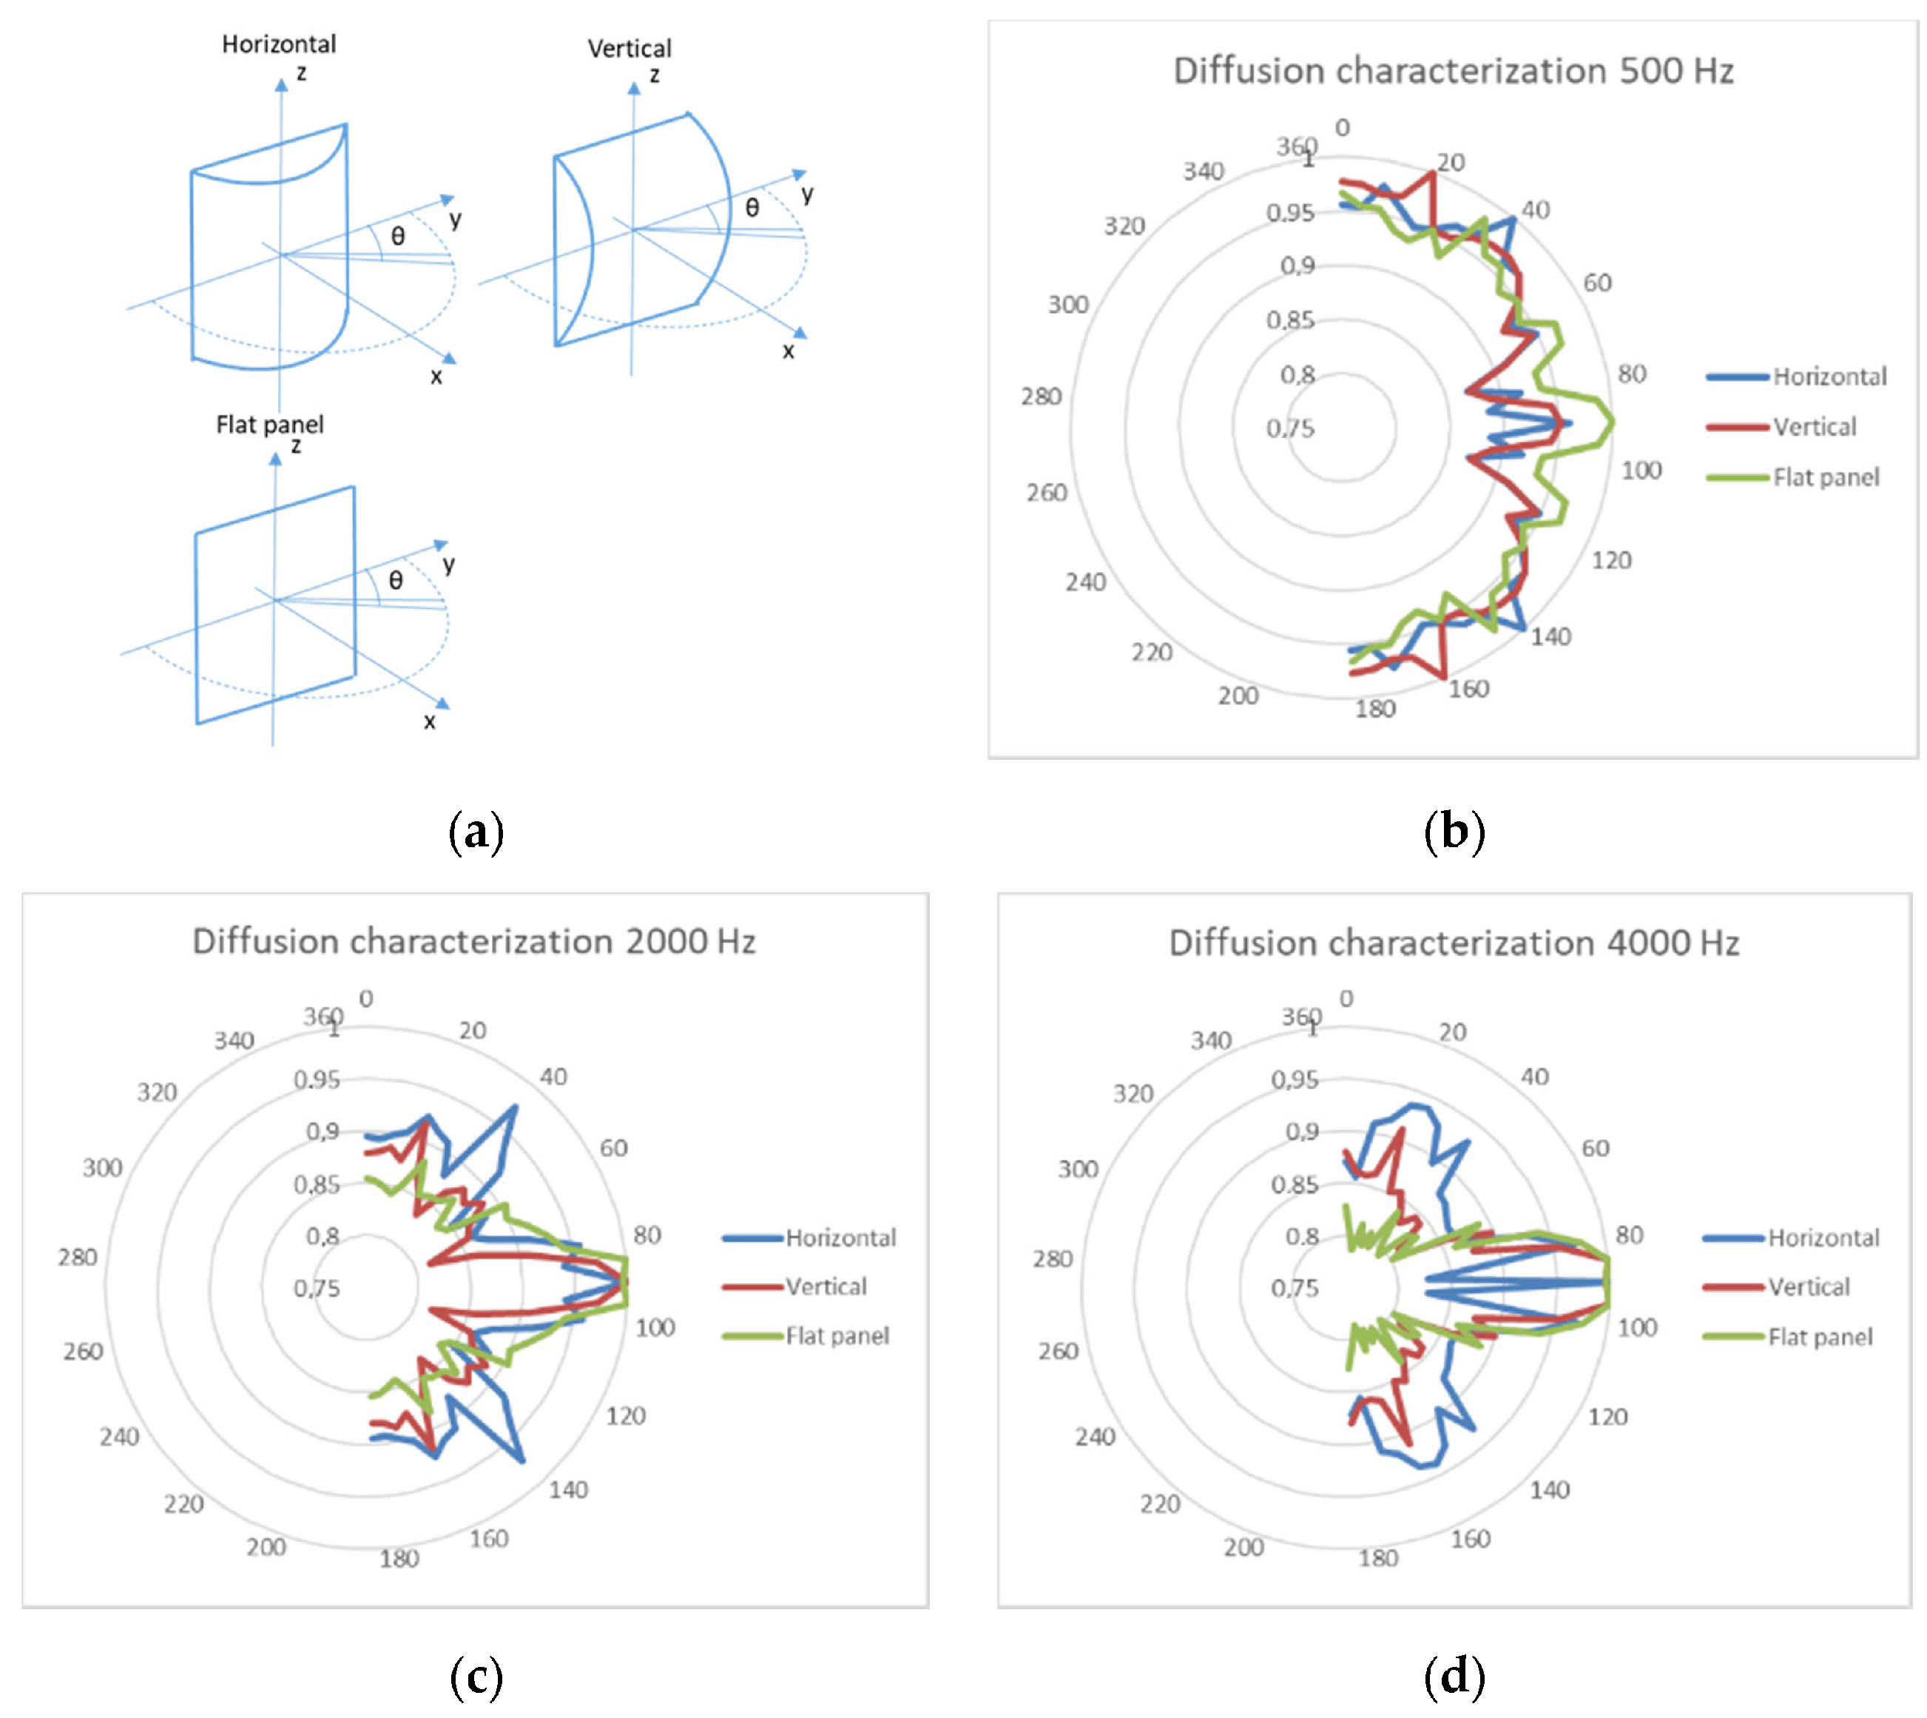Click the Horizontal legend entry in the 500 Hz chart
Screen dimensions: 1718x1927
coord(1828,377)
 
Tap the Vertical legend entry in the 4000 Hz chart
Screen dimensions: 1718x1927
coord(1807,1287)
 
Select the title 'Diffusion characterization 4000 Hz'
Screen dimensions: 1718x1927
coord(1454,943)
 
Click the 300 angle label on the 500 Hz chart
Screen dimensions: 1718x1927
coord(1067,305)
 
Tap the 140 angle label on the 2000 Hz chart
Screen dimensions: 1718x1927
coord(568,1489)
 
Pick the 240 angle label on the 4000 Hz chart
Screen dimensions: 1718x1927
coord(1094,1437)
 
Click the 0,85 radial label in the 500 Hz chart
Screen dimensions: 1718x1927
coord(1290,321)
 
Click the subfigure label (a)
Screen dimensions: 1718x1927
coord(476,832)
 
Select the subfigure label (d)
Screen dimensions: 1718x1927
coord(1454,1677)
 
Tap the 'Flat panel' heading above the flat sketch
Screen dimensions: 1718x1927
coord(269,425)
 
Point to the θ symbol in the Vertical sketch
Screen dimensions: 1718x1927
coord(752,208)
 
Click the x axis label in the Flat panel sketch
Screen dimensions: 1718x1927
coord(429,722)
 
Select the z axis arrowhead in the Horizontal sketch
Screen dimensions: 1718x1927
coord(281,85)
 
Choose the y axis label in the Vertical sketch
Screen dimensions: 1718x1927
coord(807,195)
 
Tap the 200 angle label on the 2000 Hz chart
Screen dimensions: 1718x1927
coord(266,1547)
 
